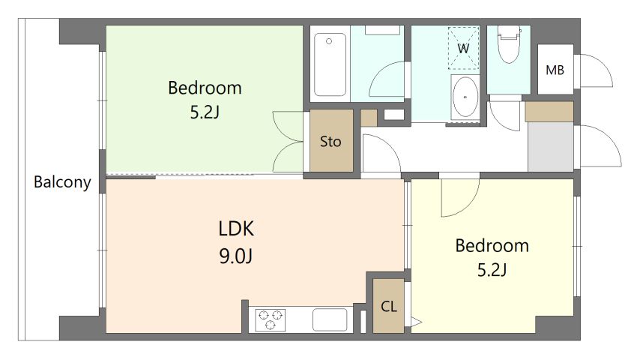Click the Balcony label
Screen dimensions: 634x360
(62, 182)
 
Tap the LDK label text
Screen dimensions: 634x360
(236, 229)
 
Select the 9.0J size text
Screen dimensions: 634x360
(236, 256)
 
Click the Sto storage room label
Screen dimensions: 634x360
(330, 141)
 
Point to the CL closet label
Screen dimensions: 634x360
(388, 307)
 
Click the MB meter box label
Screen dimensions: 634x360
(555, 70)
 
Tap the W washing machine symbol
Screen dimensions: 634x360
(463, 48)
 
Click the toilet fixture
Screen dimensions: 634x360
(508, 43)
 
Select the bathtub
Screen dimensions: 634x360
(330, 64)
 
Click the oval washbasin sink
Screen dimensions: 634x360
(465, 97)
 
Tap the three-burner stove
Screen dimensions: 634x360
(270, 319)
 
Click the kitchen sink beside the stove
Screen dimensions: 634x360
(330, 319)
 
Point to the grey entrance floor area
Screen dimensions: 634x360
(550, 146)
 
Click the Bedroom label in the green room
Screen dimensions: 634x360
(205, 88)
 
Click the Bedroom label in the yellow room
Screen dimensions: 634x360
(492, 245)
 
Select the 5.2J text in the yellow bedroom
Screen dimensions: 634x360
(492, 269)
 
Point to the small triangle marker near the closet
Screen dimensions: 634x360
(417, 322)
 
